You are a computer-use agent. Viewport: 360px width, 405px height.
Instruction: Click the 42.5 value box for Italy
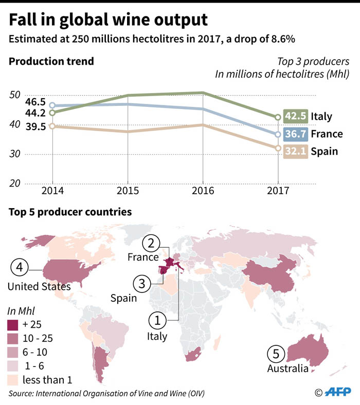pyautogui.click(x=295, y=116)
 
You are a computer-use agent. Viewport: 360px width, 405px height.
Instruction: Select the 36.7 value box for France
pyautogui.click(x=295, y=134)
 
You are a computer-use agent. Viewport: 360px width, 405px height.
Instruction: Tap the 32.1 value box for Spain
pyautogui.click(x=295, y=151)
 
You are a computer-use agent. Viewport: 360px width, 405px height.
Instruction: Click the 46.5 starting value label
pyautogui.click(x=21, y=102)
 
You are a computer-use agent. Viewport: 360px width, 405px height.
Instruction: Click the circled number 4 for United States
pyautogui.click(x=19, y=267)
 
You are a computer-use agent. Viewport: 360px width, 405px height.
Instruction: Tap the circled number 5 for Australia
pyautogui.click(x=276, y=354)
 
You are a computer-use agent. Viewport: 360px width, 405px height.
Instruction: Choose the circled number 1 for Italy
pyautogui.click(x=157, y=321)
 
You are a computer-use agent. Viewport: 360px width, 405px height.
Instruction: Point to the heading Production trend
pyautogui.click(x=51, y=62)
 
